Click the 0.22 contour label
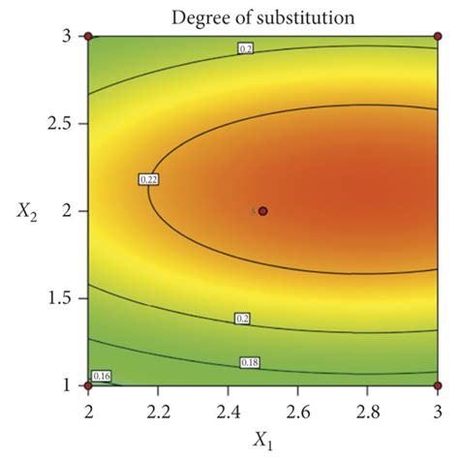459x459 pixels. pos(147,179)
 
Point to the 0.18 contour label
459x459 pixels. pos(249,363)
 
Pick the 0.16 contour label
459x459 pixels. pos(102,376)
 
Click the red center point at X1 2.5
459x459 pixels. pos(262,210)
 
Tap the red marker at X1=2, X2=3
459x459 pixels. pos(88,36)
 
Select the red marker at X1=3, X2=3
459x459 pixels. pos(438,36)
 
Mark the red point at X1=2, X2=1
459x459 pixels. pos(88,385)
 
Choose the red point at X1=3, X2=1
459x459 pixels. pos(438,385)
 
